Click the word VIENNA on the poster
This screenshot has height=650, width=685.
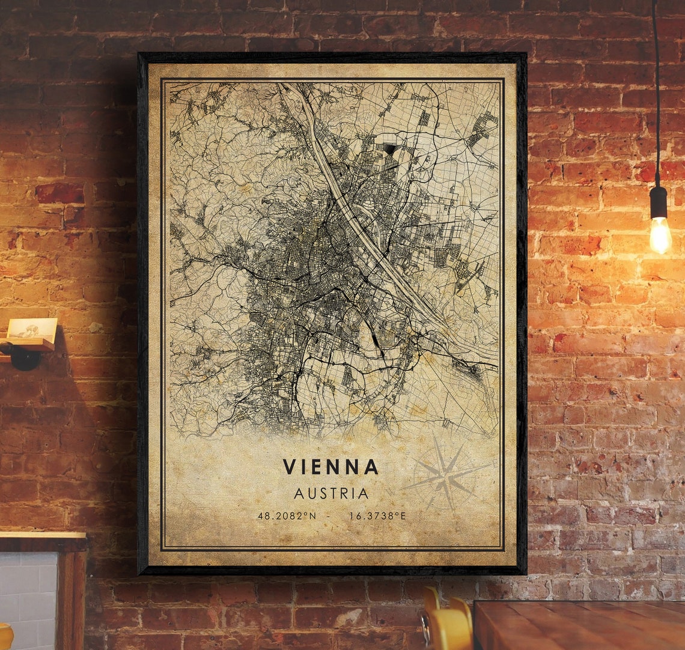tap(330, 467)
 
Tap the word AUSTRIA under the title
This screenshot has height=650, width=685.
tap(331, 494)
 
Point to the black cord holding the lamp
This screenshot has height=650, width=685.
tap(656, 90)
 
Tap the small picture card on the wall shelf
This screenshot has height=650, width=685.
tap(33, 330)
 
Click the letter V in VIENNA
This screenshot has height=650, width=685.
tap(289, 467)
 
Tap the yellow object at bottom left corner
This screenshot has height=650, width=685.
tap(5, 637)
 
